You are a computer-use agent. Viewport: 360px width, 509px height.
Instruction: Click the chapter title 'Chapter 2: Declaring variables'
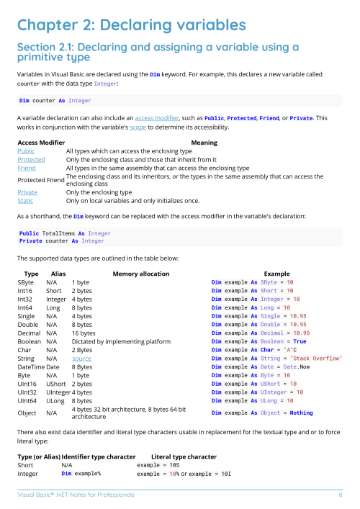(131, 25)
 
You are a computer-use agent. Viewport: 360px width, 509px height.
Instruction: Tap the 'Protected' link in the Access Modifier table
(31, 159)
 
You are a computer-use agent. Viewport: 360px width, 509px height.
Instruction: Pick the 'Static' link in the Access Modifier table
(25, 201)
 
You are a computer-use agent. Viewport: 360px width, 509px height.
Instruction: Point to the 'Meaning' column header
(204, 143)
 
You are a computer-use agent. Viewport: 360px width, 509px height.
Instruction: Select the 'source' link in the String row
(81, 358)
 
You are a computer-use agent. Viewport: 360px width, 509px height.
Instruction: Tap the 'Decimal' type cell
(30, 333)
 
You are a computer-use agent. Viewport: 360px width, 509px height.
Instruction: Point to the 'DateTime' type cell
(32, 366)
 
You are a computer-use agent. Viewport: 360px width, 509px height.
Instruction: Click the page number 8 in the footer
(340, 495)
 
